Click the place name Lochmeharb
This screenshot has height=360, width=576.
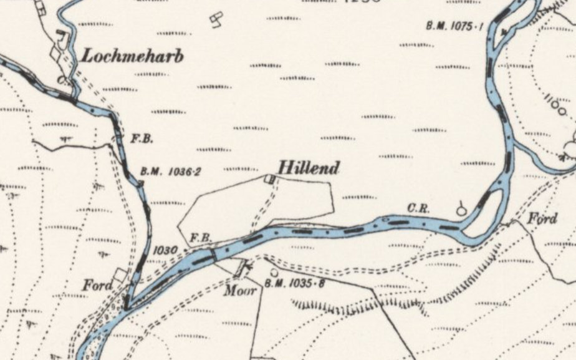pyautogui.click(x=133, y=56)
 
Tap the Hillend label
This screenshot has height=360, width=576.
pyautogui.click(x=309, y=168)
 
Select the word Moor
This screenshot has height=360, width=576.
pyautogui.click(x=241, y=289)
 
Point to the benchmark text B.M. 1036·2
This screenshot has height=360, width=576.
pyautogui.click(x=170, y=171)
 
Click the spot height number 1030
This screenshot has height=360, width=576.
pyautogui.click(x=165, y=250)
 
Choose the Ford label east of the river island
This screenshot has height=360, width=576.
pyautogui.click(x=543, y=219)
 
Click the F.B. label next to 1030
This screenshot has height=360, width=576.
pyautogui.click(x=199, y=238)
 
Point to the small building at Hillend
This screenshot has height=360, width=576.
pyautogui.click(x=269, y=180)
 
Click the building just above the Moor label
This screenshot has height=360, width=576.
pyautogui.click(x=238, y=269)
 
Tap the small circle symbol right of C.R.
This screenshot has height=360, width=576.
pyautogui.click(x=461, y=210)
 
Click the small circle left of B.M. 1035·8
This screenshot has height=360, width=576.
pyautogui.click(x=274, y=273)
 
